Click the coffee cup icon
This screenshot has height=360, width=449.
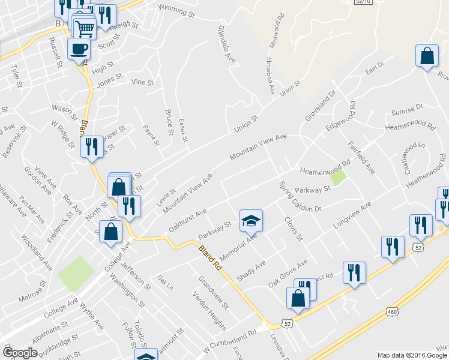tap(78, 49)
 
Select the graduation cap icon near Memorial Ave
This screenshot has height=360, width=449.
tap(252, 221)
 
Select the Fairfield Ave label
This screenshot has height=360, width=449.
tap(361, 157)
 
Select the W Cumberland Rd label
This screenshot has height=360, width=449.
tap(230, 340)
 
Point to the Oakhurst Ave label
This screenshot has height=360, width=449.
tap(188, 220)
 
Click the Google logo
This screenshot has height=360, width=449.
tap(20, 353)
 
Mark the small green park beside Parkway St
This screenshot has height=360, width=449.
tap(339, 178)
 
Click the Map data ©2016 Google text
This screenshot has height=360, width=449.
tap(412, 355)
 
